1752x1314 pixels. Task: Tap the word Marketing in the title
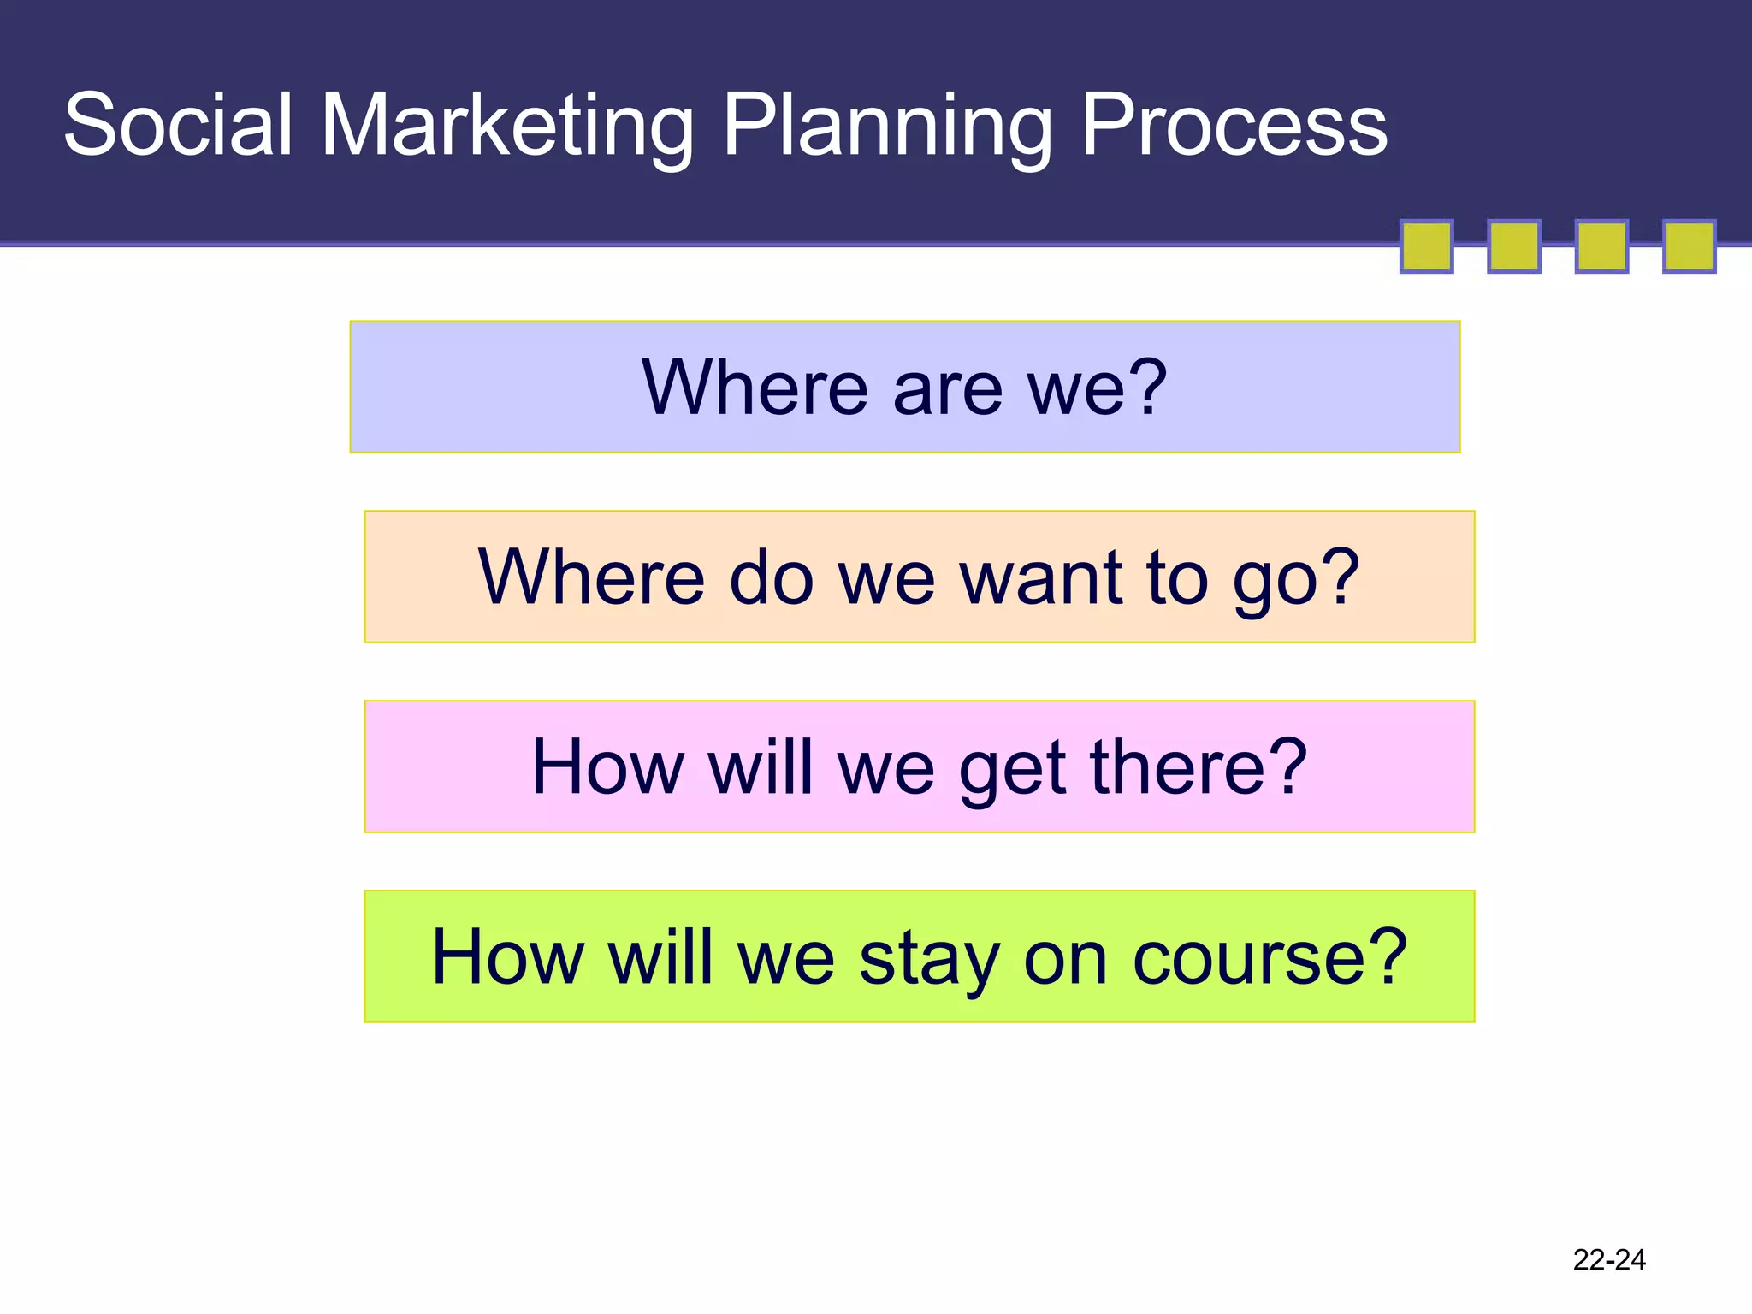(506, 126)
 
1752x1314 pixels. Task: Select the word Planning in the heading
(886, 126)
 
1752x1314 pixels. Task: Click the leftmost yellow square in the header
(1426, 246)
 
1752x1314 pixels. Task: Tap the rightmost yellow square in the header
(1689, 246)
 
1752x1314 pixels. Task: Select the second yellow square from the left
(1513, 246)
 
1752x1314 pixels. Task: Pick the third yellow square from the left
(1601, 246)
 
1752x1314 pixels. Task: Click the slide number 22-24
(1608, 1259)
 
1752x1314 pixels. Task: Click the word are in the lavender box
(947, 388)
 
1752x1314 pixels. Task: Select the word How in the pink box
(607, 767)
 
